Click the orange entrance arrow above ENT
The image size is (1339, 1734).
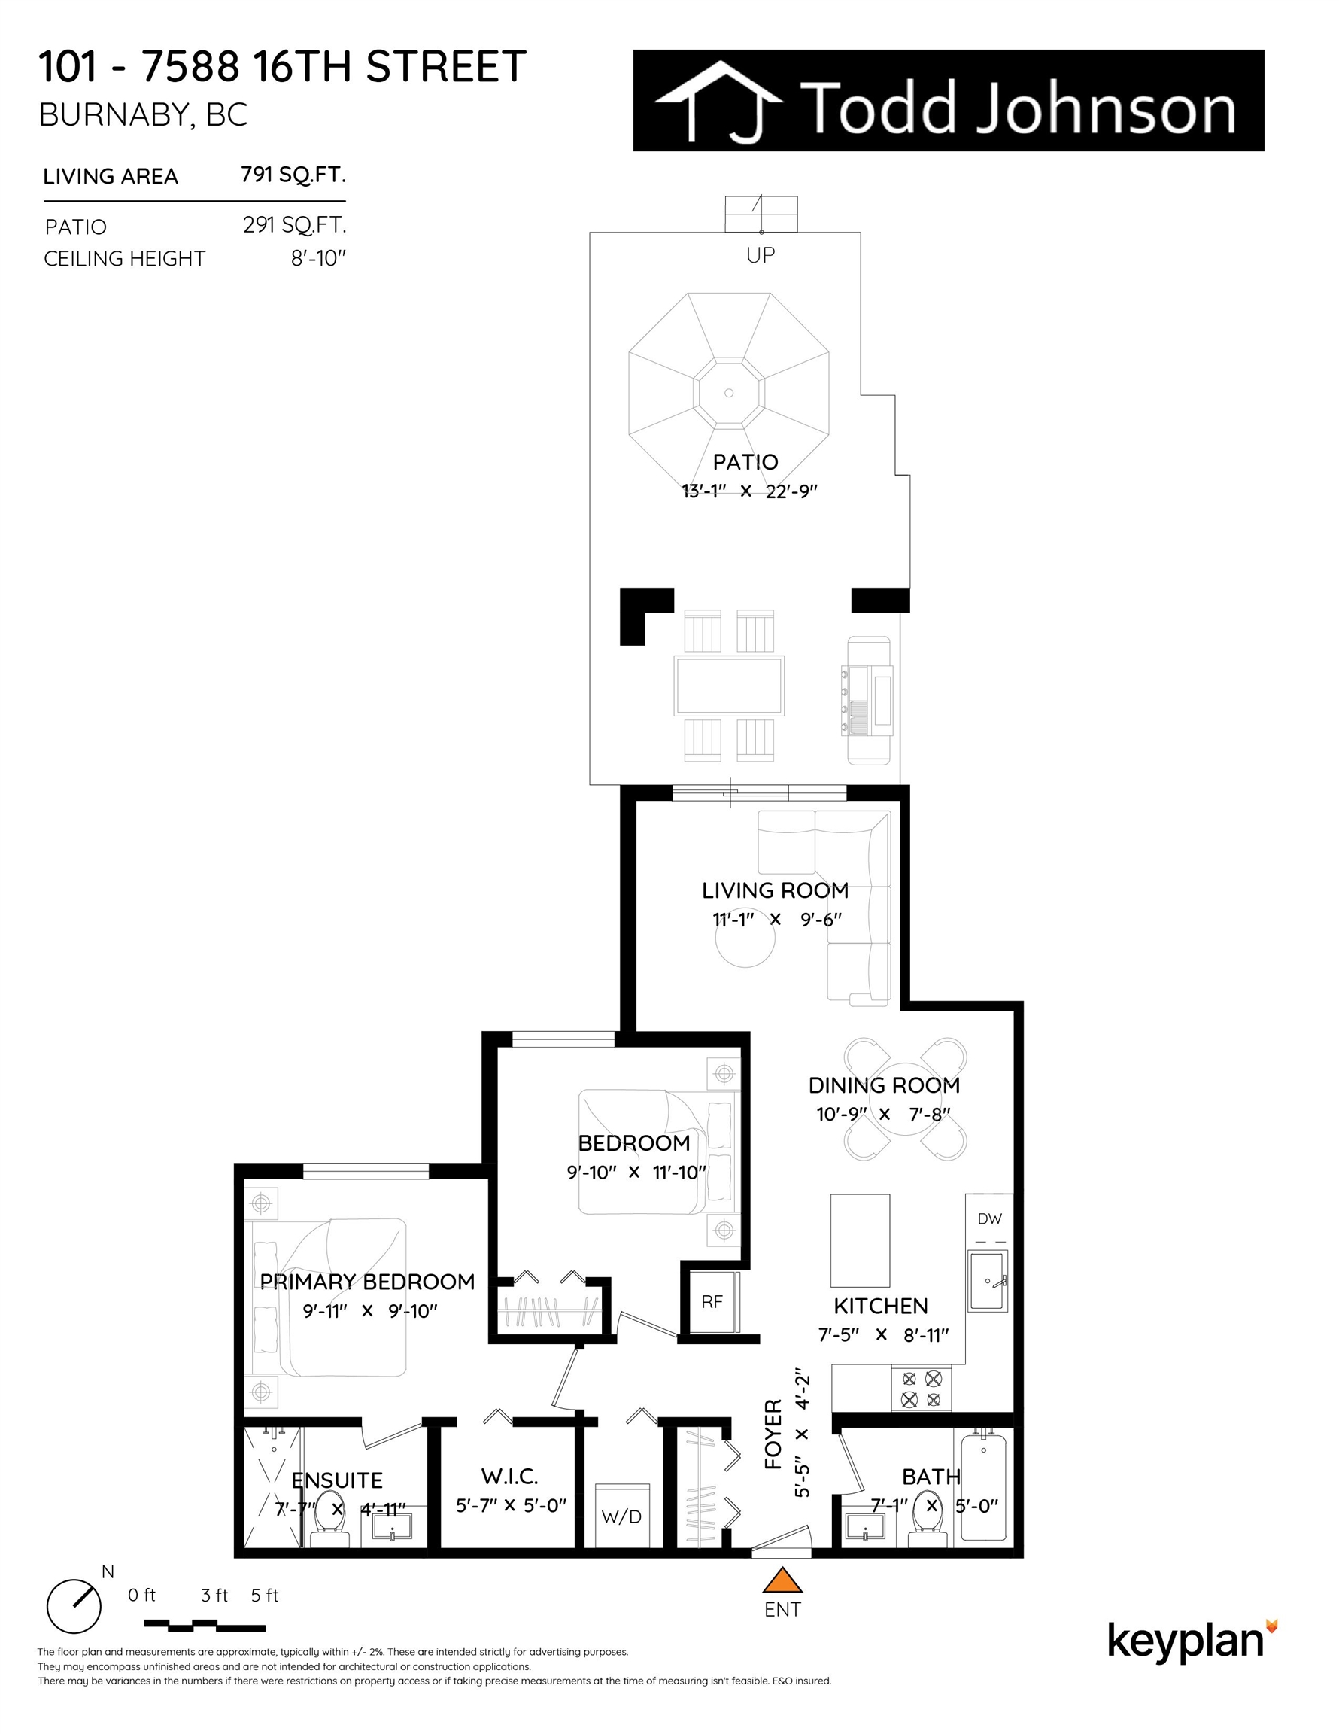coord(782,1579)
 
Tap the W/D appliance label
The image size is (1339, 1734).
coord(621,1516)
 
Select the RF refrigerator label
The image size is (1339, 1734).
coord(712,1301)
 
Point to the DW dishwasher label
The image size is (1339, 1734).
coord(990,1218)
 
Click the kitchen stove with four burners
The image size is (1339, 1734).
coord(922,1388)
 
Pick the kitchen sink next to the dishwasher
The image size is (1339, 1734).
coord(988,1281)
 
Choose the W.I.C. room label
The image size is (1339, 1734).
coord(509,1476)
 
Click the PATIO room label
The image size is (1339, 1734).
coord(745,461)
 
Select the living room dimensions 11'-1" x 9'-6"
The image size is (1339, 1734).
coord(777,919)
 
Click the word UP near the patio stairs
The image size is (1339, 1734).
coord(761,255)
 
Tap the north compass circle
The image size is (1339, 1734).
coord(74,1605)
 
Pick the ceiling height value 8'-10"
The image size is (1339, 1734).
coord(319,258)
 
